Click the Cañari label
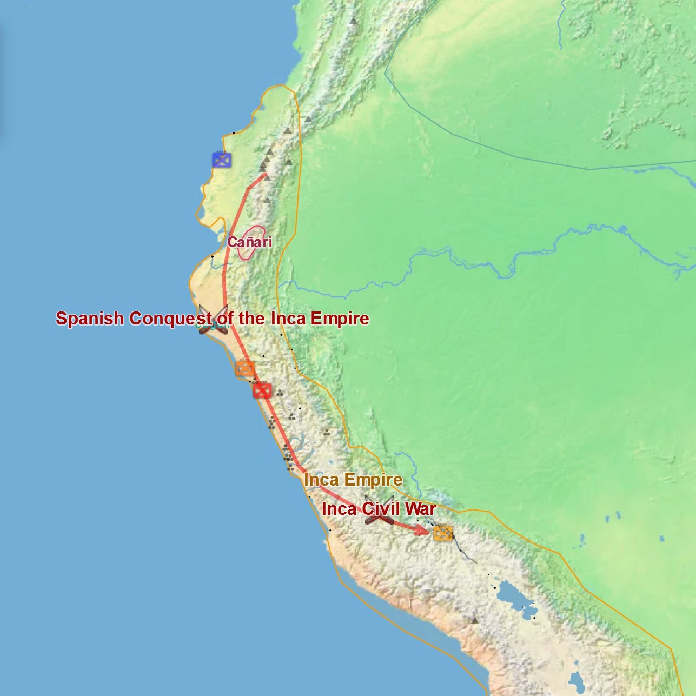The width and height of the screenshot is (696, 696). point(249,242)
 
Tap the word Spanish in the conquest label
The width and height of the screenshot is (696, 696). point(90,318)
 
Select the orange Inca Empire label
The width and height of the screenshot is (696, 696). point(353,480)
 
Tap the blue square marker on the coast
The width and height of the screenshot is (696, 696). point(222,160)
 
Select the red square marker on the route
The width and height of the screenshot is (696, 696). point(262,390)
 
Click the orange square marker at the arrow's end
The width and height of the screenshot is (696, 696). point(443,533)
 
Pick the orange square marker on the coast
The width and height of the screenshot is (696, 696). point(245,368)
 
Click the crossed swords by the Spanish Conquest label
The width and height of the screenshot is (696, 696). point(213,320)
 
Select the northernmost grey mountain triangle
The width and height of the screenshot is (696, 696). point(353,21)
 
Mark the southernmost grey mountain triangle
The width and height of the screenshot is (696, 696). point(475,620)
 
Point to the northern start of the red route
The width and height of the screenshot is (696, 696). point(266,174)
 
